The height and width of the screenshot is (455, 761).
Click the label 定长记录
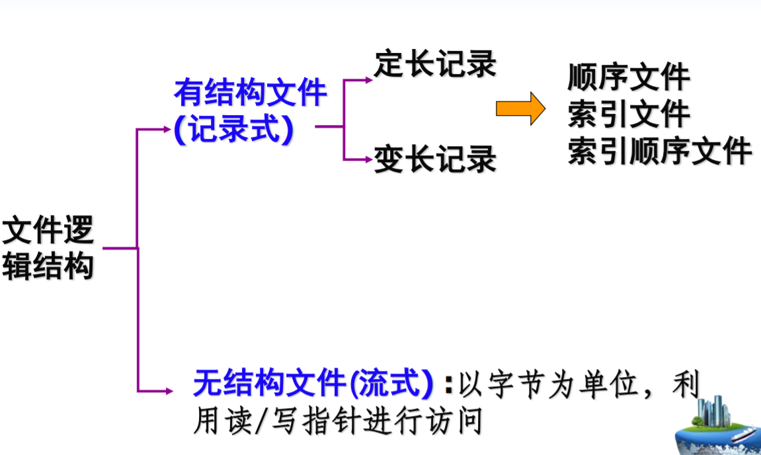point(435,64)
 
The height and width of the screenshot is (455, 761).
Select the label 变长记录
point(435,159)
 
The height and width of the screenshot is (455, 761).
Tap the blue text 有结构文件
point(251,93)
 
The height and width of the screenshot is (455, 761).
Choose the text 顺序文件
point(629,77)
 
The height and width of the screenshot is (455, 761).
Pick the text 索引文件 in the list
point(629,114)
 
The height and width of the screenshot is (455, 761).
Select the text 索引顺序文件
point(660,151)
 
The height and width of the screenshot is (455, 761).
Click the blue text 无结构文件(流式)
point(313,383)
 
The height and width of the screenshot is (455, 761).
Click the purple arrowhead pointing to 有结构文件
point(166,129)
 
